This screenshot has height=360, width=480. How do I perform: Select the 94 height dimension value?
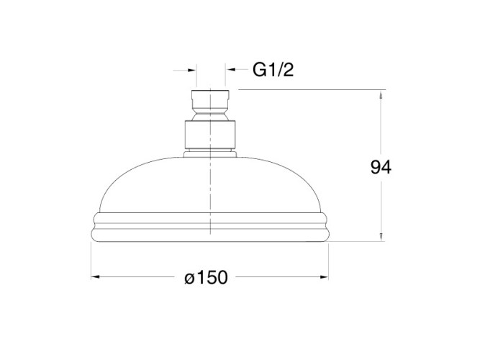click(x=380, y=168)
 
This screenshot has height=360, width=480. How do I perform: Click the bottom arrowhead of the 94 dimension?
click(x=381, y=235)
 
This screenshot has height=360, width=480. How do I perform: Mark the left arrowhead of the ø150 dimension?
click(x=95, y=277)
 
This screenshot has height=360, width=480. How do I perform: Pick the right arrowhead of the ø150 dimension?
click(x=325, y=277)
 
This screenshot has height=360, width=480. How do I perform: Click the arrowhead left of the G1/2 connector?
click(x=191, y=71)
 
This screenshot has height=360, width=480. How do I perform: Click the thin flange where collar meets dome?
click(x=209, y=153)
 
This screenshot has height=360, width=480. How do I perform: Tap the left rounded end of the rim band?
click(x=94, y=225)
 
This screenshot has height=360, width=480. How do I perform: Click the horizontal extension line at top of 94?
click(x=309, y=90)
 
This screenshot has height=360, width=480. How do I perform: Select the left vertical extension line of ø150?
click(x=90, y=259)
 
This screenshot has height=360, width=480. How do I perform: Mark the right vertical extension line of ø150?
click(x=330, y=259)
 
